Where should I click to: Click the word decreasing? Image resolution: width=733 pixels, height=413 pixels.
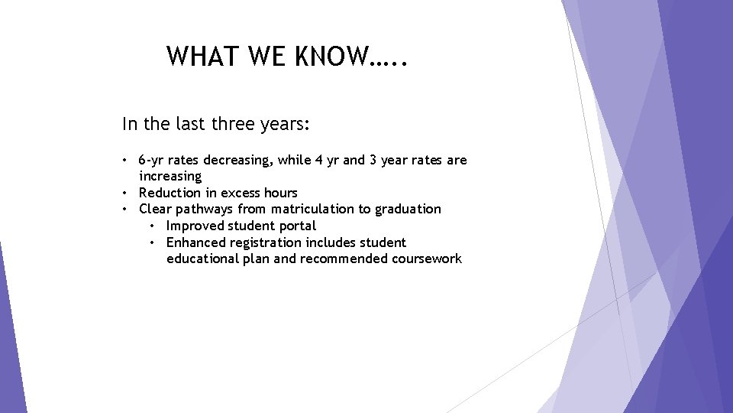pyautogui.click(x=237, y=161)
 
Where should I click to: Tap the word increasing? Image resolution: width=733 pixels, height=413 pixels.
pyautogui.click(x=170, y=177)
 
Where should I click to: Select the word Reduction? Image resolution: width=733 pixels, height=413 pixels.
pyautogui.click(x=170, y=193)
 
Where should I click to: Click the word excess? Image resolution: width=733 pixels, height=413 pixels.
pyautogui.click(x=241, y=193)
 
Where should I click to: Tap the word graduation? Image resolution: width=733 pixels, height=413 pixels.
pyautogui.click(x=408, y=209)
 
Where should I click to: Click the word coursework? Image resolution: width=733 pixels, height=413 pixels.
pyautogui.click(x=427, y=259)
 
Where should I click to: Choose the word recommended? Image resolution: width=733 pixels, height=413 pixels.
pyautogui.click(x=344, y=259)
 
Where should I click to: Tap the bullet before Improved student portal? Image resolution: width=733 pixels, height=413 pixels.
pyautogui.click(x=153, y=226)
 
